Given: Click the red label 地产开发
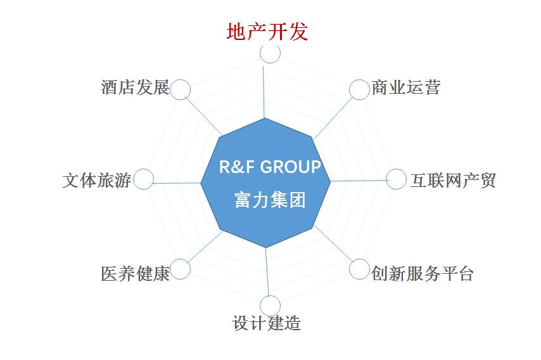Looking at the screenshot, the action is coord(267,32).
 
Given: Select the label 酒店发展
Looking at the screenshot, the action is coord(136,87).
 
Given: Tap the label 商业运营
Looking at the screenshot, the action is coord(405,87).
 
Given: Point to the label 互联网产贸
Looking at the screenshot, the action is coord(453,180).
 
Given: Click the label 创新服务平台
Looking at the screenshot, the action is coord(423,274).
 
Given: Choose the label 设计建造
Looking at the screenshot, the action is coord(266,323).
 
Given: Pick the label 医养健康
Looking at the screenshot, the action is coord(136,274).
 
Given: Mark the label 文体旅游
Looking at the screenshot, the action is coord(96,180).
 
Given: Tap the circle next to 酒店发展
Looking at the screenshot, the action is coord(180,80).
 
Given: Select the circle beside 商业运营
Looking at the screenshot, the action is coord(360,80).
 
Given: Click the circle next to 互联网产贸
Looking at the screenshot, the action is coord(396,169).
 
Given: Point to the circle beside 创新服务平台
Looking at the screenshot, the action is coord(360,259).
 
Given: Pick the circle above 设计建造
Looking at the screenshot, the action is coord(270,296).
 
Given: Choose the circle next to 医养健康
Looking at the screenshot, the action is coord(180,259).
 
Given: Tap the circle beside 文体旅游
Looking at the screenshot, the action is coord(144,169).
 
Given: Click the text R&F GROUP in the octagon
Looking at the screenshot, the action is coord(270,167).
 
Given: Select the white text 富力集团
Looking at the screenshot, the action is coord(270,200).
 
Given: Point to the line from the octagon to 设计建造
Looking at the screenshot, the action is coord(267,272).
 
